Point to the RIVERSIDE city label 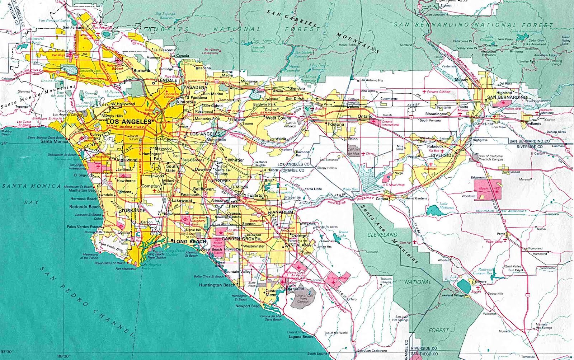tap(442, 155)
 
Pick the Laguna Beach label tap(300, 337)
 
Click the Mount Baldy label tap(347, 45)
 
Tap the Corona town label tap(382, 198)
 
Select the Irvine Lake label tap(343, 233)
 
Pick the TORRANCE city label tap(133, 211)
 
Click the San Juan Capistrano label tap(372, 351)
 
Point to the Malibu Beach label tap(6, 133)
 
